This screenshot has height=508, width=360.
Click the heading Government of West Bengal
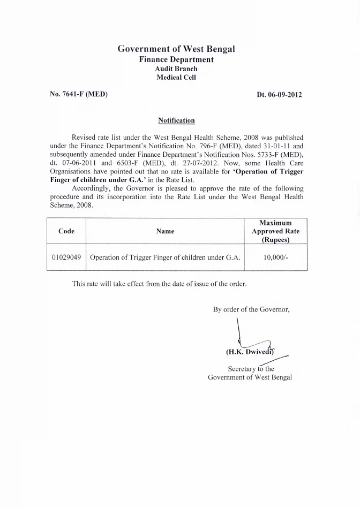click(176, 49)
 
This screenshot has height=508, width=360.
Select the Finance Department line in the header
click(176, 59)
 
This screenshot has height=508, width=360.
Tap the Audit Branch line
click(176, 69)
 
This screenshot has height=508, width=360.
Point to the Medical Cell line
click(176, 77)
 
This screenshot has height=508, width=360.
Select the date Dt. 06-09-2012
click(279, 95)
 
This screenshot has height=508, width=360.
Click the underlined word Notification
click(176, 120)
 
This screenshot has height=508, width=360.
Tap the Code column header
click(66, 231)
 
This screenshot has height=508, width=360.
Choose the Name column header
click(165, 231)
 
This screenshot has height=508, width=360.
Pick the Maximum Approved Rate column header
click(275, 231)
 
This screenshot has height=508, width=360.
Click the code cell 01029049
click(66, 257)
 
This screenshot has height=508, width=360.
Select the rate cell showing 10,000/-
click(275, 257)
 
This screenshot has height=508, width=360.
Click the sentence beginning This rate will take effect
click(159, 284)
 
